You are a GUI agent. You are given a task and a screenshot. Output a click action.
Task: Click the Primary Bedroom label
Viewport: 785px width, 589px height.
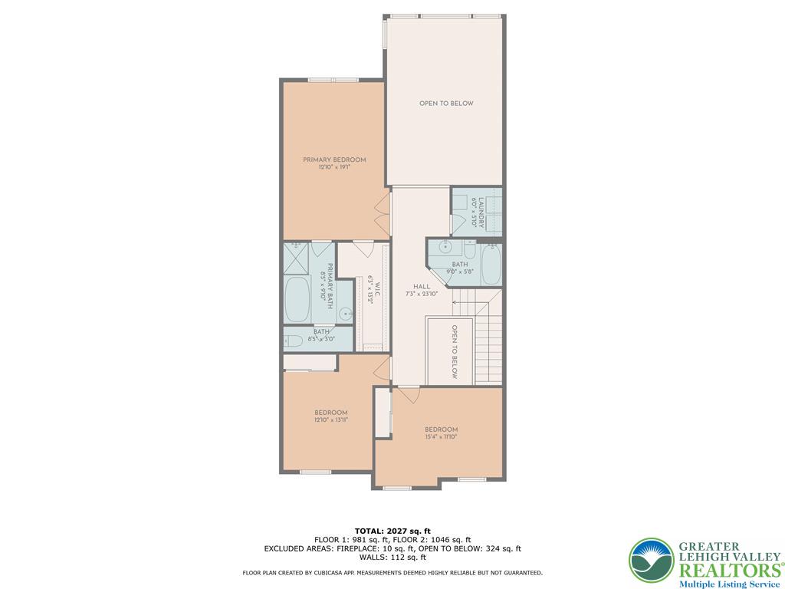tap(333, 160)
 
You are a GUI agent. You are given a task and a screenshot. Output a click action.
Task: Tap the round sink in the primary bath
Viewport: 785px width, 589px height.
tap(345, 313)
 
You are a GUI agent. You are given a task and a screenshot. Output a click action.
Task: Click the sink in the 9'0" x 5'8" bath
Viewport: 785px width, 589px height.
tap(446, 247)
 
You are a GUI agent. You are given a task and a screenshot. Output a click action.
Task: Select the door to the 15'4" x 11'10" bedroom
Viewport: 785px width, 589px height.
tap(409, 394)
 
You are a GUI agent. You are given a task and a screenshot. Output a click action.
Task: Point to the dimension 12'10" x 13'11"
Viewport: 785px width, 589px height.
tap(330, 420)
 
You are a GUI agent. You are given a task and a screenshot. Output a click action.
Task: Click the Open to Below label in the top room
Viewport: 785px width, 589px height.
tap(445, 104)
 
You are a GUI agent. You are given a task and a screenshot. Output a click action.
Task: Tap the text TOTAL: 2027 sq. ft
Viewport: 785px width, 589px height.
tap(392, 531)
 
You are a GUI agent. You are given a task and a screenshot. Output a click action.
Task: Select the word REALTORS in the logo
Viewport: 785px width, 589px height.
tap(726, 570)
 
